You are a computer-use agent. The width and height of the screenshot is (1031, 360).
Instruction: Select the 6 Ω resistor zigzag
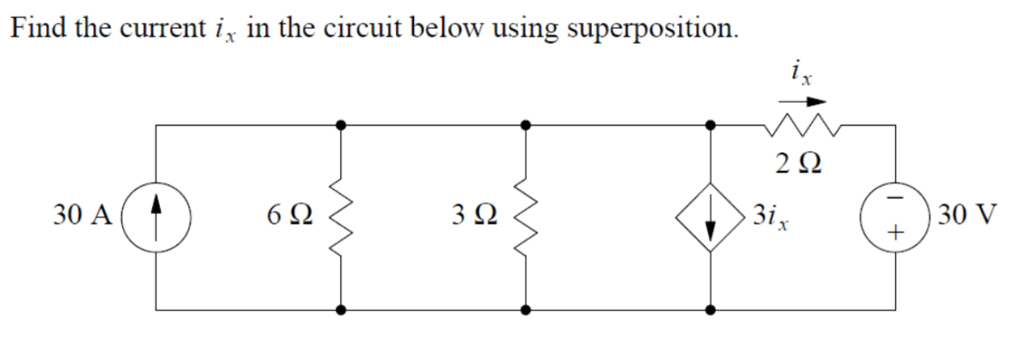point(340,216)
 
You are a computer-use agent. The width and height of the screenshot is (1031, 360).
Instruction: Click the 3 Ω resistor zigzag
point(525,216)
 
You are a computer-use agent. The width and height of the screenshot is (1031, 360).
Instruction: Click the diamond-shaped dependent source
point(710,216)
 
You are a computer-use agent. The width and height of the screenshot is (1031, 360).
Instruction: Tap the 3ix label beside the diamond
point(771,215)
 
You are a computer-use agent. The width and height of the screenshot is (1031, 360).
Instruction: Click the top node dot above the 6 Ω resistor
point(340,125)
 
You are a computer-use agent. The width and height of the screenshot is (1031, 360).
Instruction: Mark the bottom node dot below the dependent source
point(710,309)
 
